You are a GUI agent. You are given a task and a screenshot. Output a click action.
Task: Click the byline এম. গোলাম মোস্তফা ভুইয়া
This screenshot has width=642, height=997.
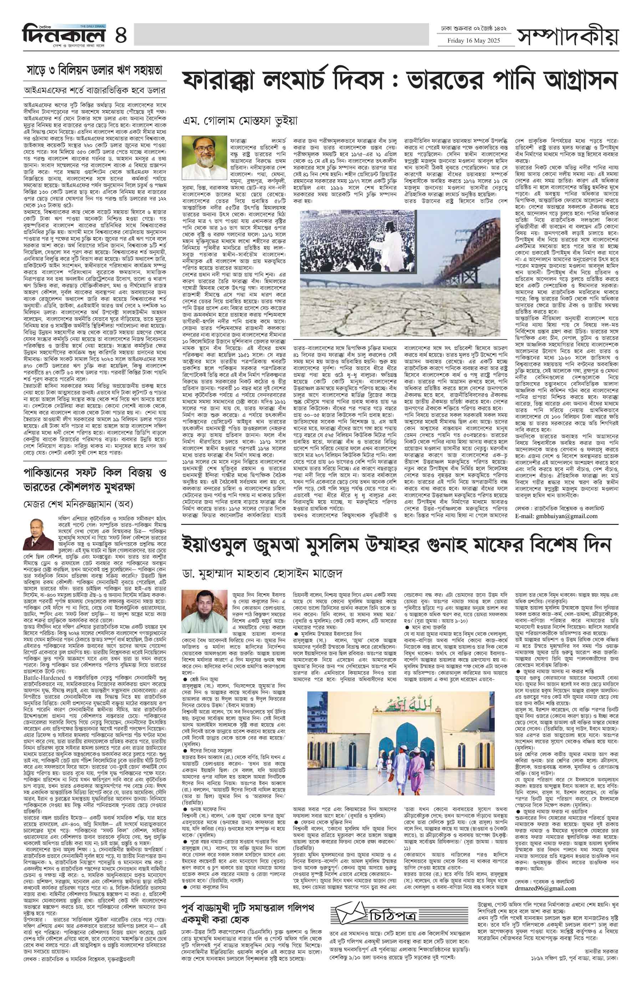pos(241,121)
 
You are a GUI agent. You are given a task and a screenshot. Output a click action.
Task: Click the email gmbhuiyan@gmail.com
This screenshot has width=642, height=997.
pos(556,516)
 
